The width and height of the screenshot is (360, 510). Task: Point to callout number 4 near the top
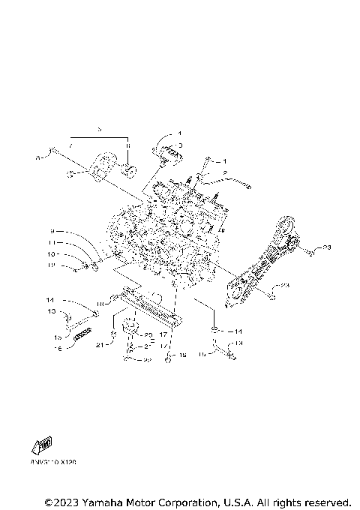(x=180, y=134)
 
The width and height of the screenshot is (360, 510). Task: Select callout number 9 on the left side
(x=53, y=231)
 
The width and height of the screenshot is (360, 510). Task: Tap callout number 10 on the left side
(x=53, y=253)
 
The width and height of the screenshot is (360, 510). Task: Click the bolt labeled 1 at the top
(x=205, y=166)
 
